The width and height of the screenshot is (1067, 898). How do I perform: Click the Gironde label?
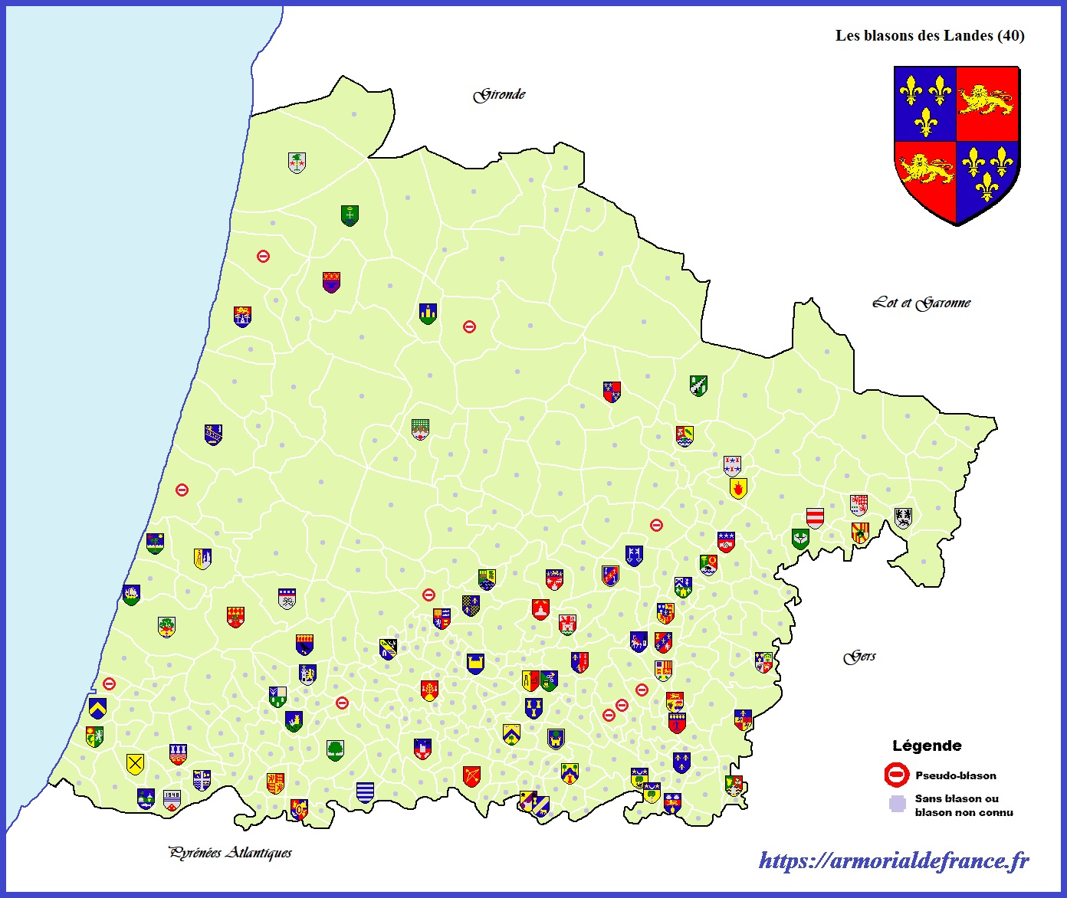tap(499, 95)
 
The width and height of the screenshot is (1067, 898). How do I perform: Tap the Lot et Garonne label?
tap(921, 303)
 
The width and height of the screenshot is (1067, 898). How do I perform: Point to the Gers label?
tap(859, 657)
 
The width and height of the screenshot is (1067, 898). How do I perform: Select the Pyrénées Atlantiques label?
tap(230, 852)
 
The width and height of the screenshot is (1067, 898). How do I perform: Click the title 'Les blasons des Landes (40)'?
tap(930, 35)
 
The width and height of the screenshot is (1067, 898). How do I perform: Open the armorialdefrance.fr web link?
tap(894, 860)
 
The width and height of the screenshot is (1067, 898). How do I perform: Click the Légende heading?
tap(927, 746)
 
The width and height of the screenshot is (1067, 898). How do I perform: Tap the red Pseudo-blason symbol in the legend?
tap(896, 775)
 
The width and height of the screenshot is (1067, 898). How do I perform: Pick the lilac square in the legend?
tap(897, 805)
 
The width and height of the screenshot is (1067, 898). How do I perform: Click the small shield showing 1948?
tap(172, 800)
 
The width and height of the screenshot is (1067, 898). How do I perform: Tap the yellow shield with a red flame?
tap(738, 488)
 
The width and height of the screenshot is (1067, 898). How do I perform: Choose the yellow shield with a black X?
tap(135, 764)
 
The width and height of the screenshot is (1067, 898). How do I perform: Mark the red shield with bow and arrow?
tap(471, 776)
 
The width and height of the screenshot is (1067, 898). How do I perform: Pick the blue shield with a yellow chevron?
tap(97, 707)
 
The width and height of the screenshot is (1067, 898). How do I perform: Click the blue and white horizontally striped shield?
tap(366, 792)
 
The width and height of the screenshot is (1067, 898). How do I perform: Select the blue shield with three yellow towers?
tap(428, 313)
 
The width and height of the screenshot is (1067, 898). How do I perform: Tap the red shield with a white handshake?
tap(726, 542)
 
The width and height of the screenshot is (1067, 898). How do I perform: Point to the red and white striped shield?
tap(815, 518)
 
